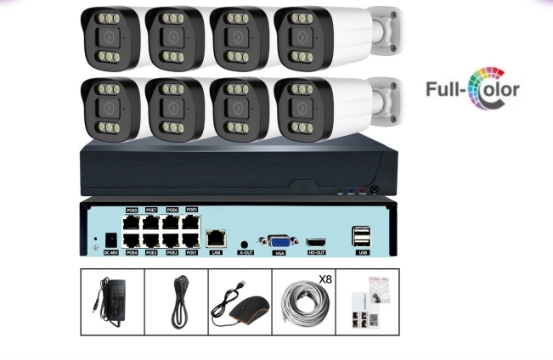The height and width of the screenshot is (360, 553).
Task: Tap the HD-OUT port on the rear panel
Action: click(316, 242)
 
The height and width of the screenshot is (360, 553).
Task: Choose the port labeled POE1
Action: click(191, 240)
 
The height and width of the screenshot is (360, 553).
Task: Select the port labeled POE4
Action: click(132, 240)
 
